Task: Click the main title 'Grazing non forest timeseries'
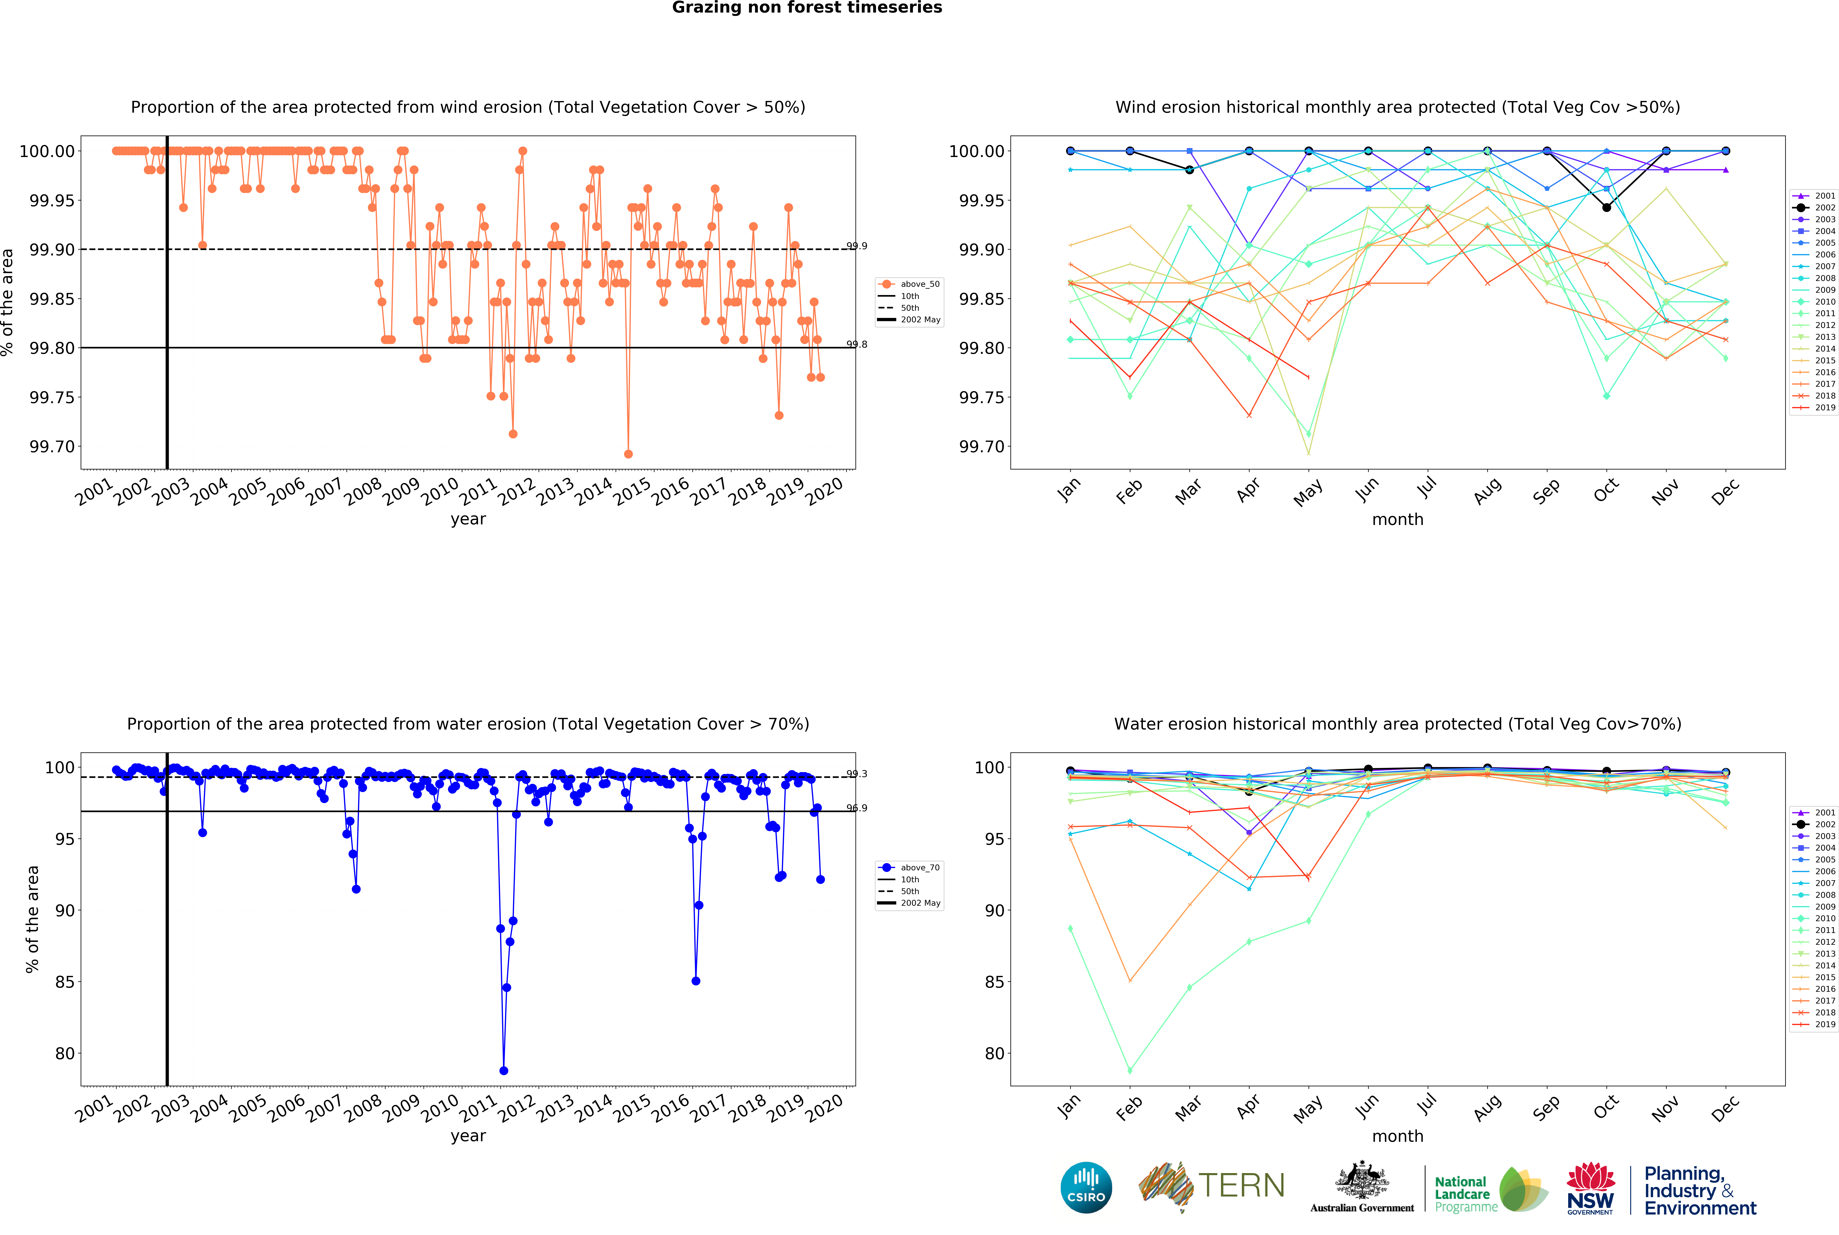[807, 8]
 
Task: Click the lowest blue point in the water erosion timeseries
[504, 1070]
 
